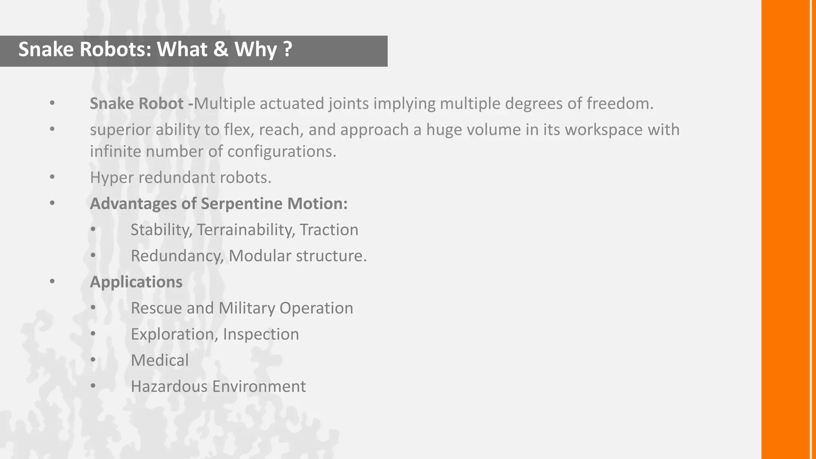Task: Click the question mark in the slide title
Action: [x=287, y=49]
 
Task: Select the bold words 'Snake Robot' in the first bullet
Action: [x=136, y=104]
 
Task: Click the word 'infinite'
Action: [x=115, y=151]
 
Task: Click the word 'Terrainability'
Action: [x=246, y=230]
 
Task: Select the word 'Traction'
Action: [x=329, y=230]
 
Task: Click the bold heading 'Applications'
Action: [x=136, y=282]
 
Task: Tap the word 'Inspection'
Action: [x=261, y=334]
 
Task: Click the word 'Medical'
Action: [x=159, y=361]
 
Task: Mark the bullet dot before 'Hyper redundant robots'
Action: [x=52, y=177]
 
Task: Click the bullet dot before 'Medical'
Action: [x=93, y=360]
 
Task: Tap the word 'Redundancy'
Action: [x=177, y=256]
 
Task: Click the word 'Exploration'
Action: [x=174, y=334]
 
